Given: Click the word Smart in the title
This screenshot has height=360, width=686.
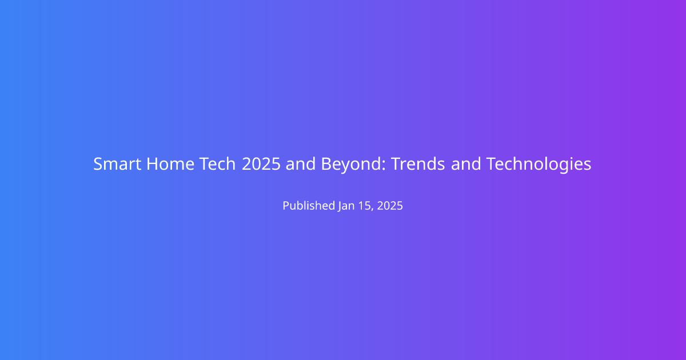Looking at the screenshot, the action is tap(117, 164).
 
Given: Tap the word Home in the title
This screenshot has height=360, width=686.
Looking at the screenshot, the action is tap(170, 164).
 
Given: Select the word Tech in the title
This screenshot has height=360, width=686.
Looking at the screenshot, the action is tap(217, 164).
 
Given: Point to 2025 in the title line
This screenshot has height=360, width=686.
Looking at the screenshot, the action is tap(261, 164).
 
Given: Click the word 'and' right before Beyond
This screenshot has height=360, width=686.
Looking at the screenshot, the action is tap(301, 164).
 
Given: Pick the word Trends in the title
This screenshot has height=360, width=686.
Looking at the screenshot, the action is tap(418, 164).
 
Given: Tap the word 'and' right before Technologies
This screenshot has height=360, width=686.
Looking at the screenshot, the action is tap(466, 164).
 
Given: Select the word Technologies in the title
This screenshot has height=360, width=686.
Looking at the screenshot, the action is tap(539, 165).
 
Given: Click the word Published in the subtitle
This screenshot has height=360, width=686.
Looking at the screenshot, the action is tap(309, 205).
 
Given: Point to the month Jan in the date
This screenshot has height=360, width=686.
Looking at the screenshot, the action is tap(346, 206).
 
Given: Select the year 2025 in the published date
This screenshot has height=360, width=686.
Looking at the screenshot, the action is tap(390, 206).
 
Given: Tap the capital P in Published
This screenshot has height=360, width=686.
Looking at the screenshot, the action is tap(286, 206).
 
